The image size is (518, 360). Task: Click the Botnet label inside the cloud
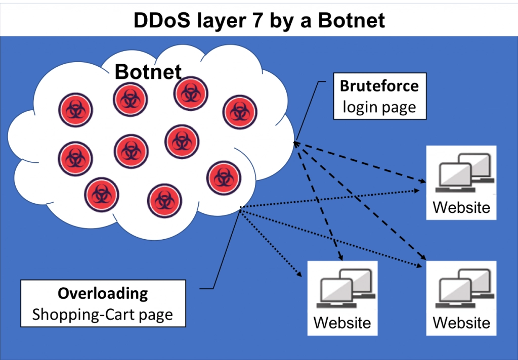click(x=148, y=72)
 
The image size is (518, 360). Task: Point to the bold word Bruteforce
click(x=379, y=86)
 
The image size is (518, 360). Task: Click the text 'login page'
click(x=379, y=107)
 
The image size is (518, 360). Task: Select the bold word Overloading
click(x=103, y=293)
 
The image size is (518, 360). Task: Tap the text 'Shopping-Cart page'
click(x=103, y=314)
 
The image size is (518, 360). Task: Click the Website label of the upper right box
click(x=461, y=207)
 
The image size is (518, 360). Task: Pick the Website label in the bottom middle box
click(x=342, y=322)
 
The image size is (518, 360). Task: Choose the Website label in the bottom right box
click(x=461, y=322)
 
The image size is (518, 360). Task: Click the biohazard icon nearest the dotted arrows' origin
click(x=223, y=177)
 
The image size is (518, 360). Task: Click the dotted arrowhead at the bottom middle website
click(x=300, y=276)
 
